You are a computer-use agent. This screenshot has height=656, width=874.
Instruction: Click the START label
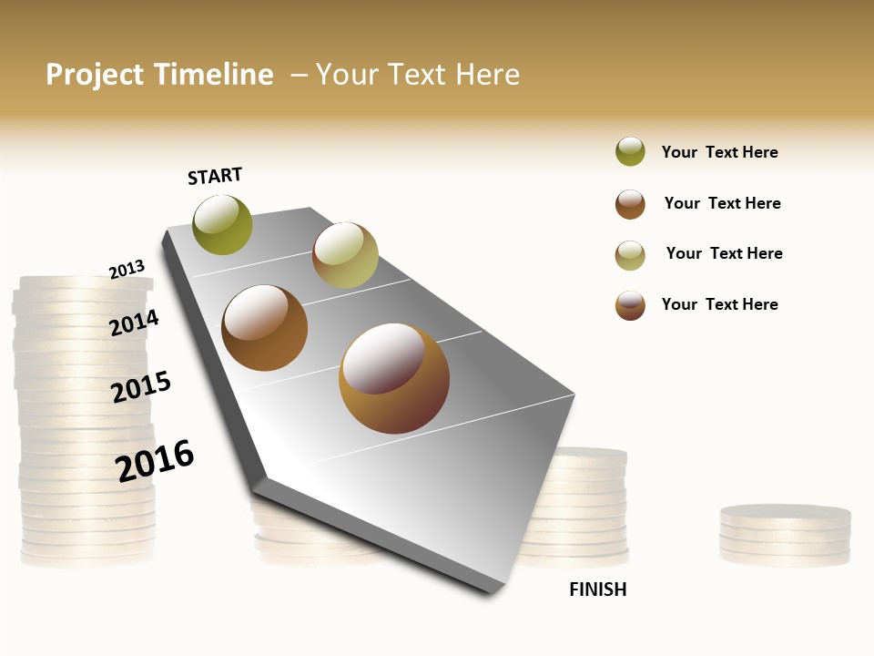[215, 176]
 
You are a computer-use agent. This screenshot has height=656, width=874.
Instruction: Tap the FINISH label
[597, 589]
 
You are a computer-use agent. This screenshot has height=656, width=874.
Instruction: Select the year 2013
[127, 270]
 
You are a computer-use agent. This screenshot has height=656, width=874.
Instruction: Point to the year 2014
[134, 323]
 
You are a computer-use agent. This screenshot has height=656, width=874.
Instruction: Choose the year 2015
[141, 387]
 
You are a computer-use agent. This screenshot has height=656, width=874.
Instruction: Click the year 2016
[155, 461]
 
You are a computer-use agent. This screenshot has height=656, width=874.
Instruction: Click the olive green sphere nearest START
[222, 224]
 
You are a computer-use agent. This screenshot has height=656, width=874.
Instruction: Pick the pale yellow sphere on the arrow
[345, 255]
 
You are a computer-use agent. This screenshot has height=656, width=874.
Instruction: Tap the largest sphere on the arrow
[394, 378]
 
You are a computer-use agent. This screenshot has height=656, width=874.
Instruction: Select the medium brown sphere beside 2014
[265, 328]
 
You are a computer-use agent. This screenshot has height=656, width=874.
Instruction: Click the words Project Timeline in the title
[159, 75]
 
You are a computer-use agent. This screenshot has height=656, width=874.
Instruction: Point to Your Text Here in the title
[418, 75]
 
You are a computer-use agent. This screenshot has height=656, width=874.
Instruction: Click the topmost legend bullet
[630, 151]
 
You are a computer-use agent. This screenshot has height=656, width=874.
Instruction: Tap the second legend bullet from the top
[630, 204]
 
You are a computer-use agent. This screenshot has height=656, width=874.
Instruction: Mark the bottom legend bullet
[630, 305]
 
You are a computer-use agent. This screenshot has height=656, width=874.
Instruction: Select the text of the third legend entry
[724, 253]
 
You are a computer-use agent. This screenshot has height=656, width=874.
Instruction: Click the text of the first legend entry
[719, 152]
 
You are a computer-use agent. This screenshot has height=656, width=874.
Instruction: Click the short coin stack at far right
[785, 536]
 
